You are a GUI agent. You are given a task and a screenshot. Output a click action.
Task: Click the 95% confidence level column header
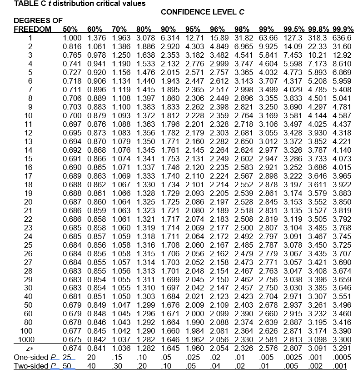pyautogui.click(x=193, y=30)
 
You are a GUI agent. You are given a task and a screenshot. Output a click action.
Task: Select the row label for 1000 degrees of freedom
pyautogui.click(x=31, y=339)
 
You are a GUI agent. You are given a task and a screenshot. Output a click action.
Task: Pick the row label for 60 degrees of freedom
pyautogui.click(x=31, y=314)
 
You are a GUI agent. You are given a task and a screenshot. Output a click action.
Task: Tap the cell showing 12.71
pyautogui.click(x=193, y=38)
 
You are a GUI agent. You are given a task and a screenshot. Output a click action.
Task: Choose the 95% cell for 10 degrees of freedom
pyautogui.click(x=193, y=115)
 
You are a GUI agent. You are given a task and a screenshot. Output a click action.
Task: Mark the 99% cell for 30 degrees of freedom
pyautogui.click(x=269, y=288)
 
